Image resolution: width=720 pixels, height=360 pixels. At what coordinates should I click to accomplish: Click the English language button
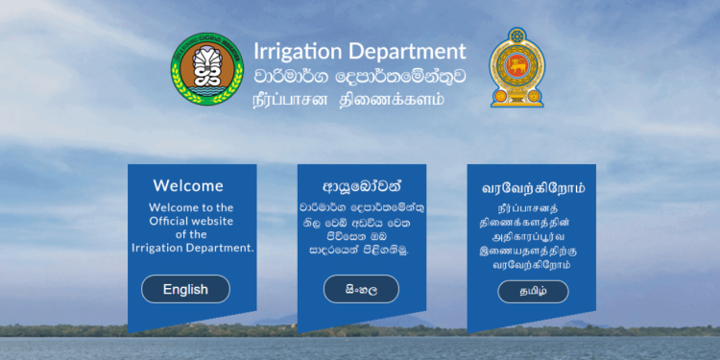pos(185,289)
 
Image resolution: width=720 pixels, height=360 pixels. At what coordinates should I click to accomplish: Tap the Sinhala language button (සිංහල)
pos(361,289)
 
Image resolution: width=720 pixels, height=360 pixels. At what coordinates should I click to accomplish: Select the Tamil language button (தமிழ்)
pos(533,292)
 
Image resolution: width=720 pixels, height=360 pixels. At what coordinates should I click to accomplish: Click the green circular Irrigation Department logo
pos(207,69)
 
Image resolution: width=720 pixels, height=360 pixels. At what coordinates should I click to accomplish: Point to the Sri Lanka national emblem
pos(517,67)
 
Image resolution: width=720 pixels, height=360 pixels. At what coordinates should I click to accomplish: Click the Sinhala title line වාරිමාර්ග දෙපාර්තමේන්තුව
pos(360,76)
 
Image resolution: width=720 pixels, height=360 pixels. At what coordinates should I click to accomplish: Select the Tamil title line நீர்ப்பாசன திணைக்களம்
pos(348,99)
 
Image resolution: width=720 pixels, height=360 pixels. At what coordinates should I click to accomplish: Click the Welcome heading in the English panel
pos(188,185)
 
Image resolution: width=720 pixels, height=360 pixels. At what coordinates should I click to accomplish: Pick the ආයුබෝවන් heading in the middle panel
pos(362,187)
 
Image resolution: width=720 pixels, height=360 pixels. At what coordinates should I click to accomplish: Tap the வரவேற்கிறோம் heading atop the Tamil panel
pos(533,188)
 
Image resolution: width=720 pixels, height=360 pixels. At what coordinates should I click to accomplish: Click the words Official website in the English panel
pos(191,221)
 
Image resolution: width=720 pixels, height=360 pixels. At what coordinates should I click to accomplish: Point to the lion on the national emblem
pos(516,65)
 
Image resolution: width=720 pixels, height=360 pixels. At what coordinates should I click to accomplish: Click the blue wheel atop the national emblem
pos(517,36)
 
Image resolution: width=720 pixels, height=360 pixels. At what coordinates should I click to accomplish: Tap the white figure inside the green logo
pos(207,67)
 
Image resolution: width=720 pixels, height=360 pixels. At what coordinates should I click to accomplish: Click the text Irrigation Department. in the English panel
pos(193,248)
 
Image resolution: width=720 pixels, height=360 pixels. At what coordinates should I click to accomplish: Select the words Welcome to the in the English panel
pos(191,207)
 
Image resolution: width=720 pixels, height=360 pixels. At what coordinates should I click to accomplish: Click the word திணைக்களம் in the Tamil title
pos(392,99)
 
